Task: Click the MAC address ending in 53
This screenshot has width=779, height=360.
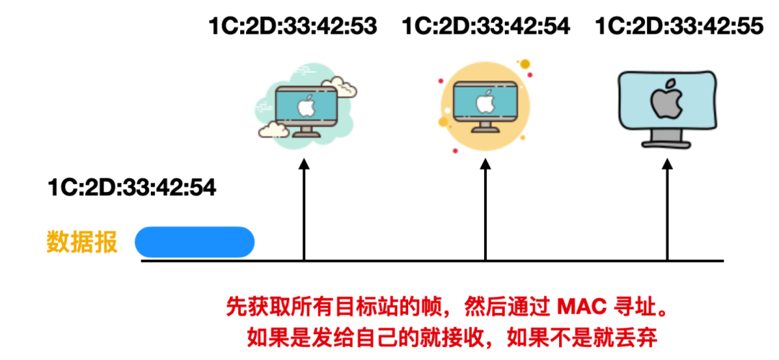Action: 293,27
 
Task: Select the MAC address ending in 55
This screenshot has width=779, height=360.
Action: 679,27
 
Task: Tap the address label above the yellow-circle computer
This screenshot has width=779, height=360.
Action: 485,27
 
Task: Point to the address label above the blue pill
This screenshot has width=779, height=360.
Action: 132,188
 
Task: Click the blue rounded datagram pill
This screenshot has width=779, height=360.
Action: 195,242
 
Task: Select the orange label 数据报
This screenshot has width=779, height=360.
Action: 82,242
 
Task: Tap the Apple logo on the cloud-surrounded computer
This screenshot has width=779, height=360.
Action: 304,105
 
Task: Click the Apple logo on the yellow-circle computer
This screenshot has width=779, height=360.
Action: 483,102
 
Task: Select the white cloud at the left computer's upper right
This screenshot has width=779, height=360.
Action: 343,86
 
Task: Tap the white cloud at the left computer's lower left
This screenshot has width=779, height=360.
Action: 274,129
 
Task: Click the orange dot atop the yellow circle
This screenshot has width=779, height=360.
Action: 524,64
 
